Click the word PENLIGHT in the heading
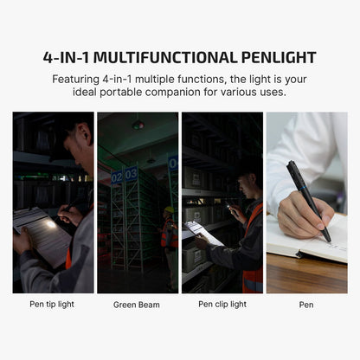(270, 58)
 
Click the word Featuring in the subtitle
(81, 78)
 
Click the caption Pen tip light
(53, 304)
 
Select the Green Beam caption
(137, 305)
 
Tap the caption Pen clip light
(222, 304)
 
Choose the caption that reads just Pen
(306, 304)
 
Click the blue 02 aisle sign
(117, 177)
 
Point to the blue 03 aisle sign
(131, 174)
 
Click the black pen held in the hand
(307, 198)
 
